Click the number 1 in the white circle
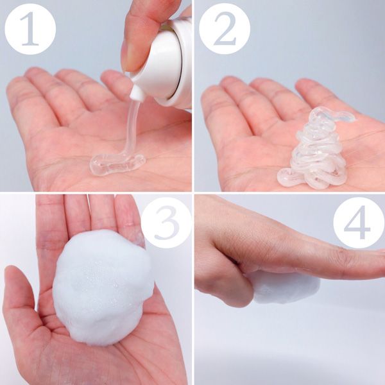click(30, 28)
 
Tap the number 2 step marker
click(225, 28)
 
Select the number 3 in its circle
click(166, 223)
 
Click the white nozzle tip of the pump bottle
click(137, 93)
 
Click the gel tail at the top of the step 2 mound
click(344, 116)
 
